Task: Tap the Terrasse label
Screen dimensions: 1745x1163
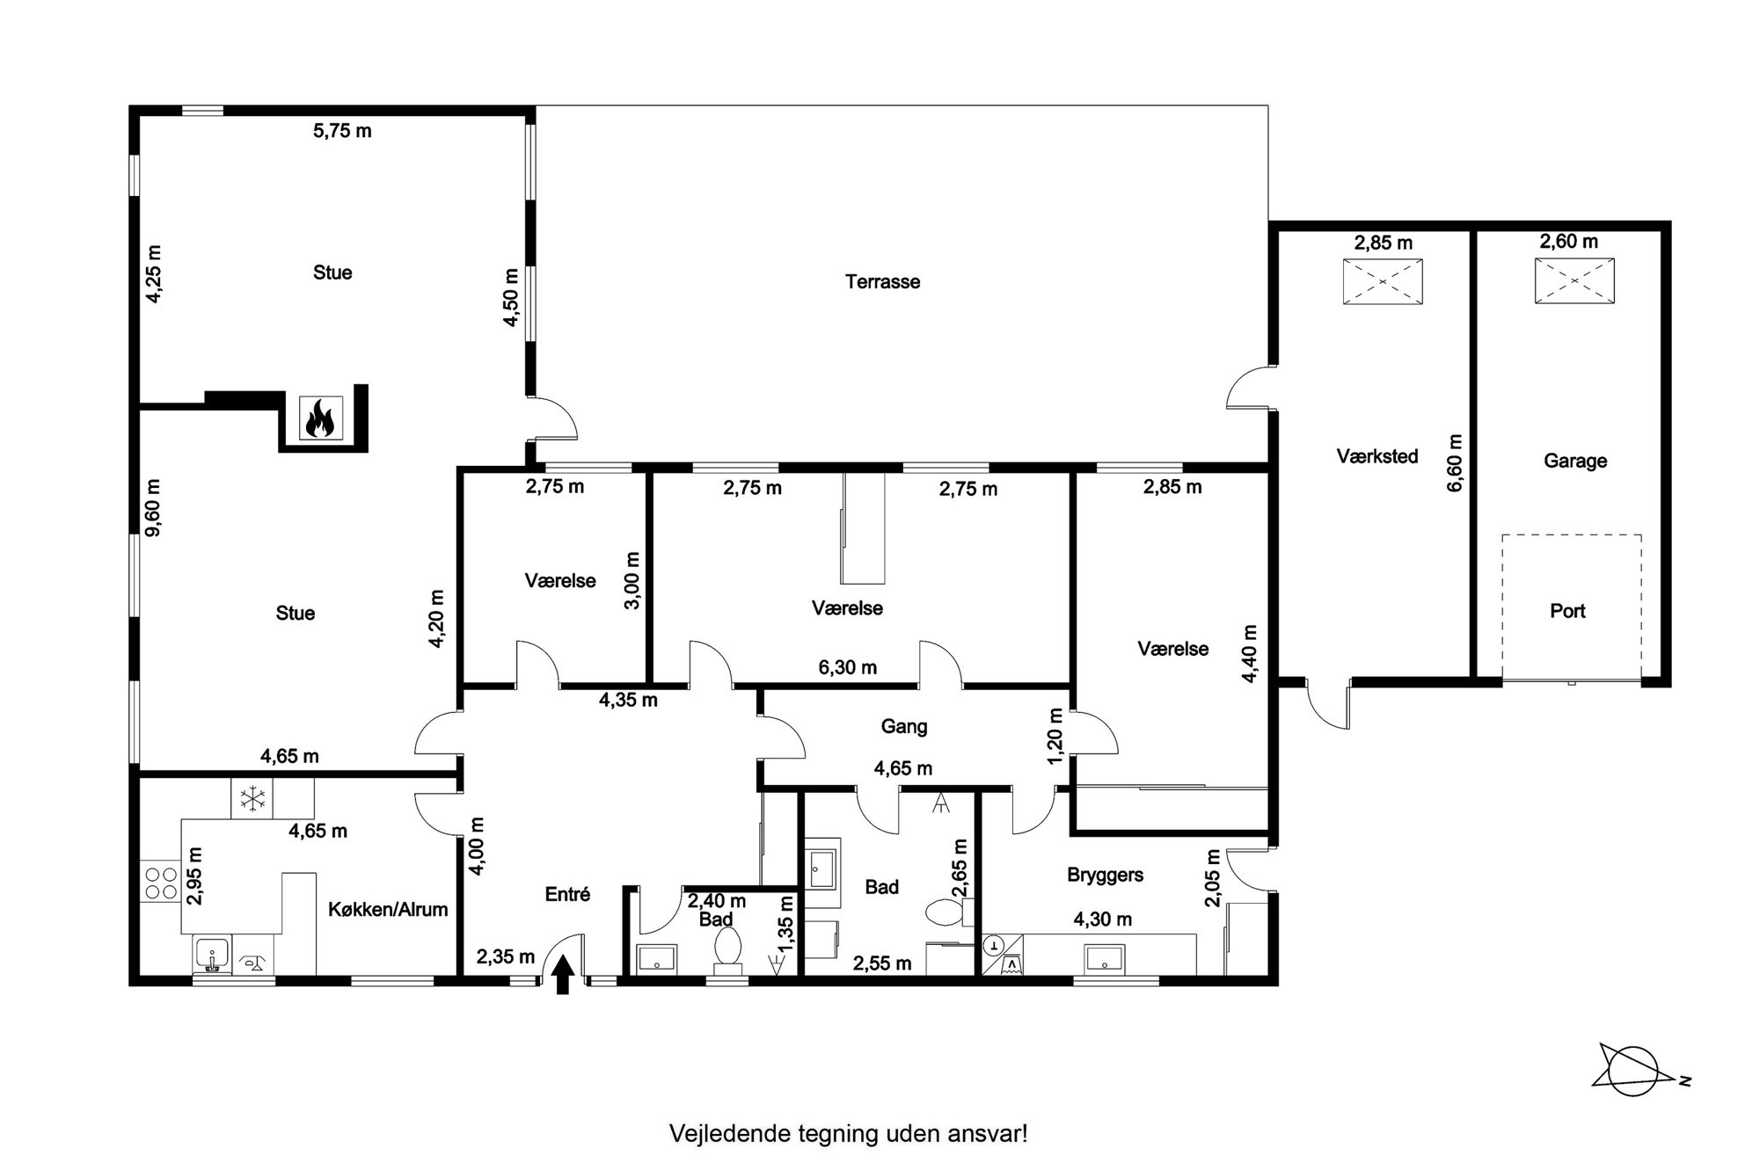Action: pyautogui.click(x=882, y=282)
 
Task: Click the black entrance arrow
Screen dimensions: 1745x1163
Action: pyautogui.click(x=563, y=975)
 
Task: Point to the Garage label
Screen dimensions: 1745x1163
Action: pyautogui.click(x=1575, y=461)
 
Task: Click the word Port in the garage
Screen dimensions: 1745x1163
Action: pyautogui.click(x=1567, y=611)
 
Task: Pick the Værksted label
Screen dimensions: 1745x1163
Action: pyautogui.click(x=1377, y=456)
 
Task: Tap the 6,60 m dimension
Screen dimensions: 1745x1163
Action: pyautogui.click(x=1455, y=462)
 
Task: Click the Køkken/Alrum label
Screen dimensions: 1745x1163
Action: pyautogui.click(x=388, y=910)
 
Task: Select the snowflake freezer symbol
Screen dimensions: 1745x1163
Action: pyautogui.click(x=252, y=798)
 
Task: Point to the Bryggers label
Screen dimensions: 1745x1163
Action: pyautogui.click(x=1105, y=875)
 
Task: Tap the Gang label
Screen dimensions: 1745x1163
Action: pyautogui.click(x=904, y=726)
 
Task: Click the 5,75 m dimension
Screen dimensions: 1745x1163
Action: pyautogui.click(x=342, y=131)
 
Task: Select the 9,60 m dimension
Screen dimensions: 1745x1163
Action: pyautogui.click(x=153, y=508)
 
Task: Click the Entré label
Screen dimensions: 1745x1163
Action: pyautogui.click(x=567, y=894)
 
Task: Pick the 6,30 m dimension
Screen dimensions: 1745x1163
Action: pyautogui.click(x=848, y=667)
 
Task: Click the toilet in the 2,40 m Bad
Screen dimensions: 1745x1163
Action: pyautogui.click(x=727, y=951)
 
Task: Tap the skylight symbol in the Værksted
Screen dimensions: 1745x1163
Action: pyautogui.click(x=1383, y=281)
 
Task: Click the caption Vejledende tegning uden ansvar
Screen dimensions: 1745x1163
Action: pyautogui.click(x=849, y=1133)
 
